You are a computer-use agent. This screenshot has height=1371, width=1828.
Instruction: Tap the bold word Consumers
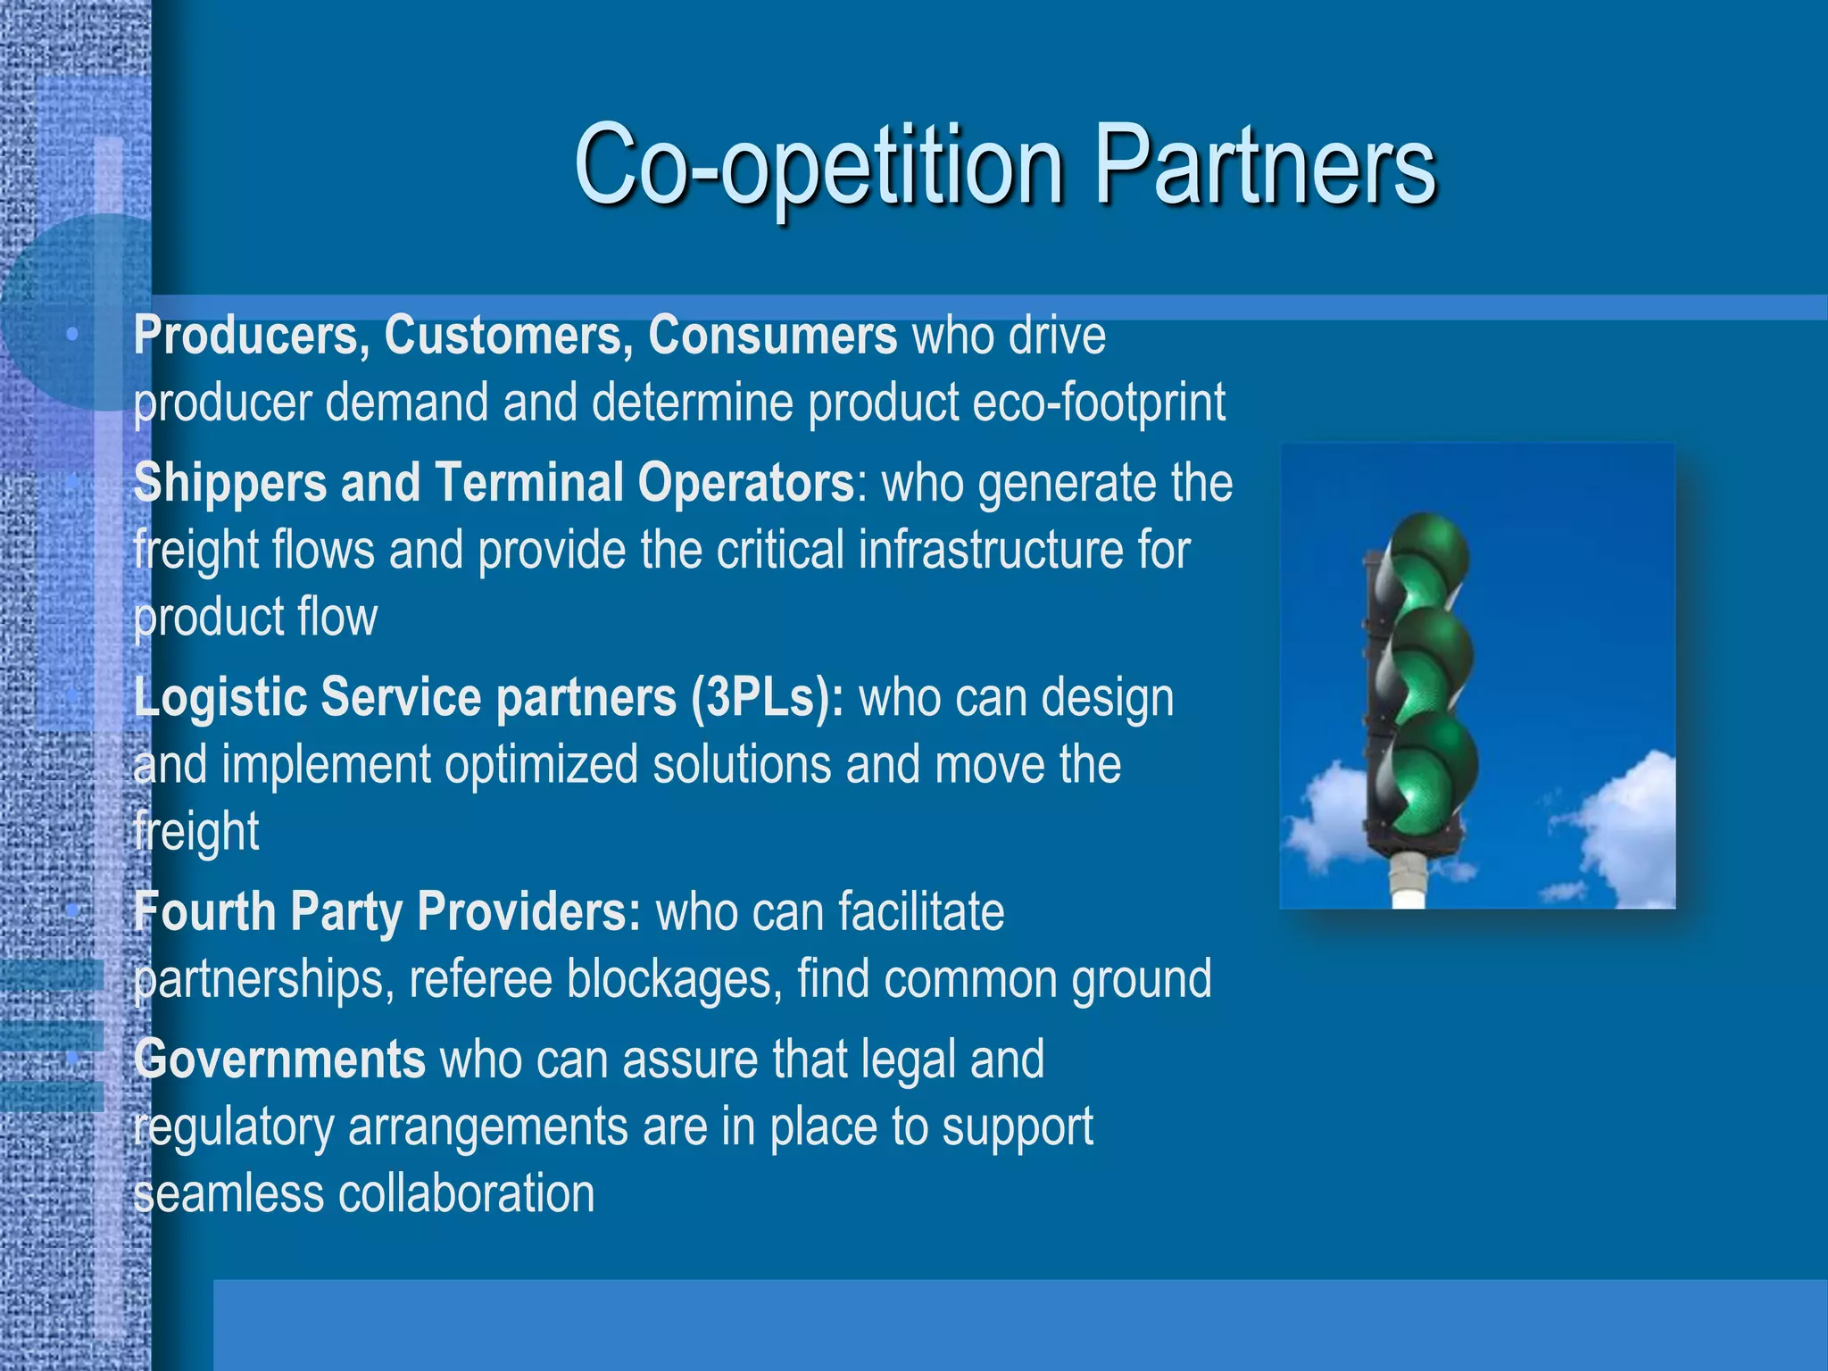[772, 337]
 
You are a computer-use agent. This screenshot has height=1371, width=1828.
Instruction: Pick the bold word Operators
[746, 484]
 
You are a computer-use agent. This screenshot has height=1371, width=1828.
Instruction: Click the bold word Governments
[279, 1060]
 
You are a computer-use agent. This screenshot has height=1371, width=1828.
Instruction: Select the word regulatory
[233, 1127]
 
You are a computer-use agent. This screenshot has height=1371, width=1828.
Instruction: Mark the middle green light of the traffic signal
[1433, 659]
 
